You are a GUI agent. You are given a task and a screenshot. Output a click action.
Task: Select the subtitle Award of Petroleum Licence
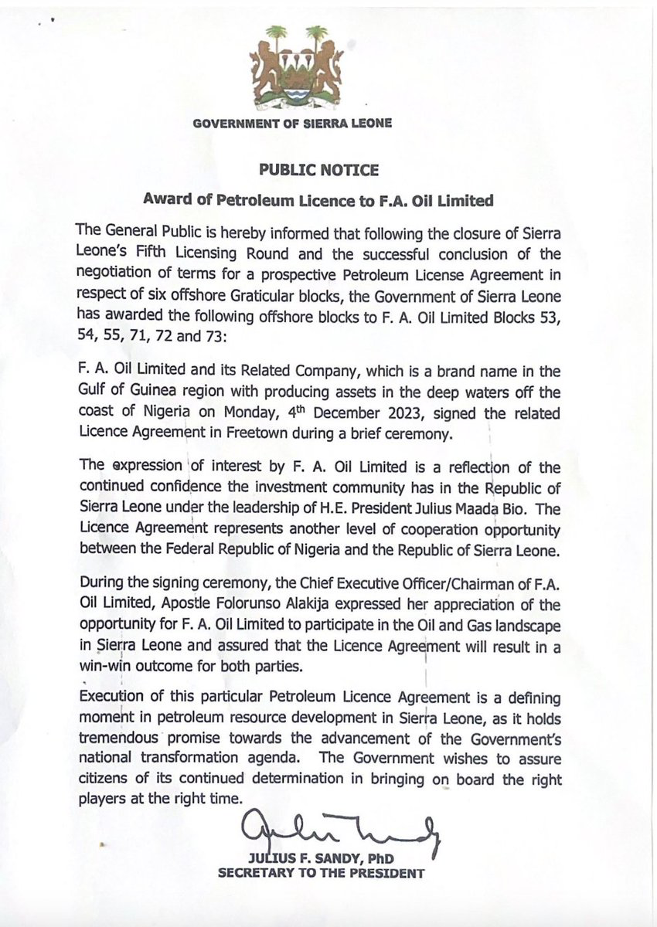317,199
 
